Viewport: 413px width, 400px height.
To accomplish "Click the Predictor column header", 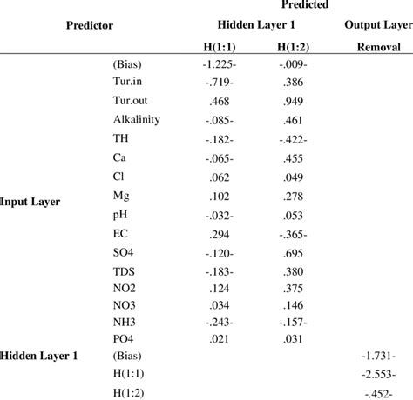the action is [90, 25].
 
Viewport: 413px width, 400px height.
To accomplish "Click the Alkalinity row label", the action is [136, 119].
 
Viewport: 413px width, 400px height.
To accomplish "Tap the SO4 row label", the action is [125, 253].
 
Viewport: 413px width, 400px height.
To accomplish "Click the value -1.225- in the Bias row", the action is [216, 63].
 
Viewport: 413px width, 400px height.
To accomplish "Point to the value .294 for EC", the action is [216, 234].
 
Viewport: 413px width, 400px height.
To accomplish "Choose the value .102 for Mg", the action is [216, 197].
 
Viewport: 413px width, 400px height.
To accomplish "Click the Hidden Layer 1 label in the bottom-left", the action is [37, 356].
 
